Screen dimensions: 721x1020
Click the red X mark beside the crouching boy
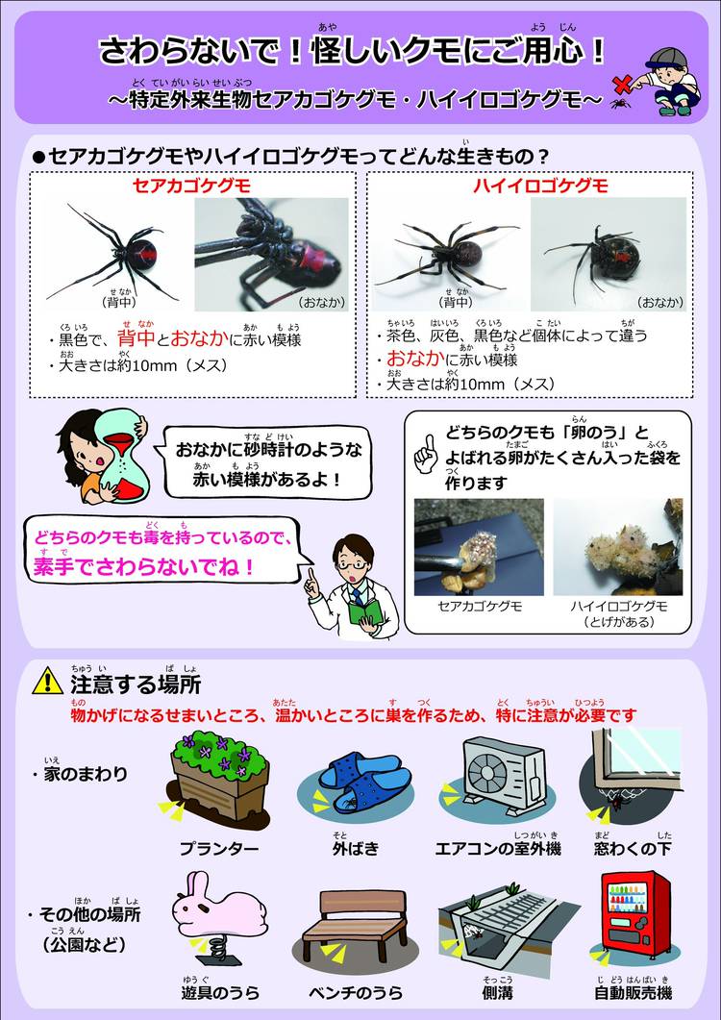(622, 84)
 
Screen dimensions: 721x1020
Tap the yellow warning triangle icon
(47, 681)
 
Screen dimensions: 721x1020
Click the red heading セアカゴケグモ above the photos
(192, 187)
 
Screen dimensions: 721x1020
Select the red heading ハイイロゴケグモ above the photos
(540, 187)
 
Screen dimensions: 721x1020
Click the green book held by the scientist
(365, 612)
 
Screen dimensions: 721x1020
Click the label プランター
(219, 848)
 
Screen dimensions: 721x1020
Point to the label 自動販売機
(634, 993)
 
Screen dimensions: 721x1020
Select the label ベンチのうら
(356, 993)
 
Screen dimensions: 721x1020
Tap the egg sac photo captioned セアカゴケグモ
(479, 547)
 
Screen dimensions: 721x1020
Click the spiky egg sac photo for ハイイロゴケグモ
(617, 547)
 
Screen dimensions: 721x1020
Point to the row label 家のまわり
(86, 774)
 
